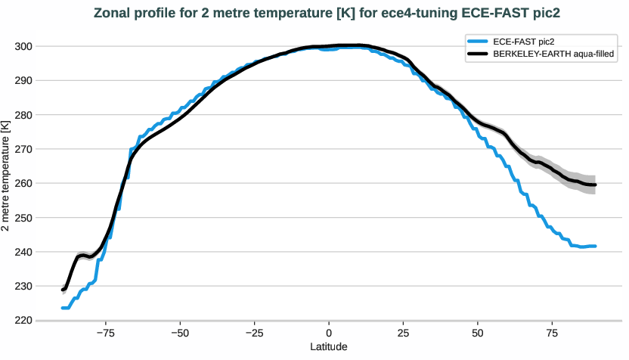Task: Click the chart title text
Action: [314, 14]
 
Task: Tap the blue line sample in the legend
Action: [478, 42]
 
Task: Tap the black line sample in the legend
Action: [478, 54]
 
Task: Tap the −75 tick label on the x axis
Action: [105, 333]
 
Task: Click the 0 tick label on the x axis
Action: [329, 333]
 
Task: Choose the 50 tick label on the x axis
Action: [478, 333]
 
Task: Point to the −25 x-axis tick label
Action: [254, 333]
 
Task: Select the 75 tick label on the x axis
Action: [553, 333]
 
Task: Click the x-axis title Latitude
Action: [330, 346]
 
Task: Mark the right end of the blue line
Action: [596, 246]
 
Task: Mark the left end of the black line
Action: [63, 290]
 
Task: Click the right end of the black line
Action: [596, 185]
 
